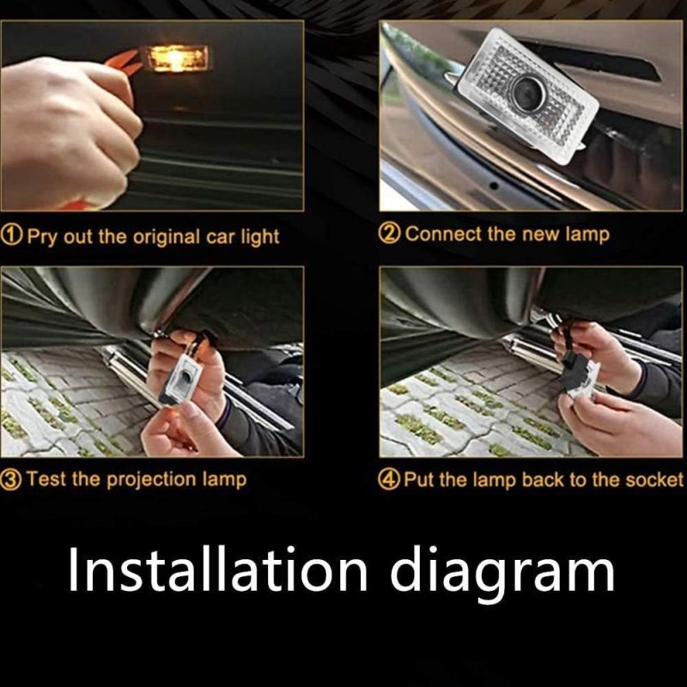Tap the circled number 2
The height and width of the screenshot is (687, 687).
[389, 234]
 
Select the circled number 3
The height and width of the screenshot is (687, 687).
[11, 480]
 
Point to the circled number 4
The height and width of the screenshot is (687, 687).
[389, 480]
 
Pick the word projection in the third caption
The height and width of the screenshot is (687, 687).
[152, 479]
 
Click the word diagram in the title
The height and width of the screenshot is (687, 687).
[502, 572]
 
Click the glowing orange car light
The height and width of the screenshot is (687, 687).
[177, 58]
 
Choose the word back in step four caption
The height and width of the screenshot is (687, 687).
[544, 479]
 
